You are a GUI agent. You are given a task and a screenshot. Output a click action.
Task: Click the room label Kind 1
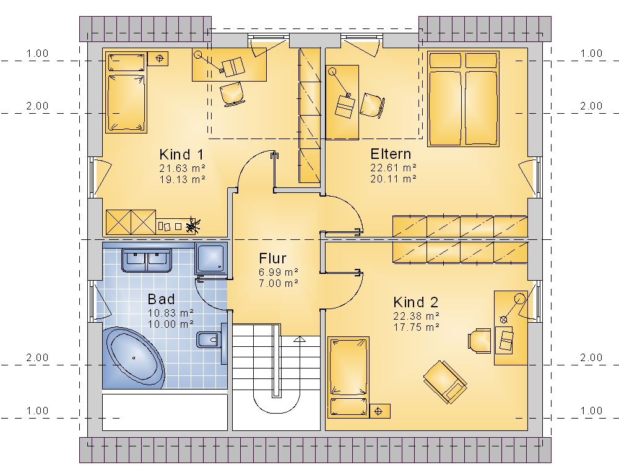click(181, 154)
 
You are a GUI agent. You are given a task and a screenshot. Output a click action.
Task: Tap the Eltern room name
click(391, 154)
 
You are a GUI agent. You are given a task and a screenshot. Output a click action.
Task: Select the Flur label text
click(272, 258)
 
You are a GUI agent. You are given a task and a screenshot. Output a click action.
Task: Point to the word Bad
click(161, 299)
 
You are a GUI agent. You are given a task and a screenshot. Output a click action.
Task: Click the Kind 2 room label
click(416, 302)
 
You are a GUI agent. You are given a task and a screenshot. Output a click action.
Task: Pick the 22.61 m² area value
click(393, 168)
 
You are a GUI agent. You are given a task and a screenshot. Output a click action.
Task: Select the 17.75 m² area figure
click(417, 327)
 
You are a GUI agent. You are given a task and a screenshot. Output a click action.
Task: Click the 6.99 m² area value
click(279, 272)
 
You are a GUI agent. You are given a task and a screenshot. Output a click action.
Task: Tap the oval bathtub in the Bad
click(134, 358)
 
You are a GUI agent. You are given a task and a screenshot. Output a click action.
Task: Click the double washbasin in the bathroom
click(147, 260)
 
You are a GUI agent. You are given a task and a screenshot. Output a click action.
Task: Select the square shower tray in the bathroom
click(211, 258)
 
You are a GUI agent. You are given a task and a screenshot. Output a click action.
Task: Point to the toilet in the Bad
click(210, 339)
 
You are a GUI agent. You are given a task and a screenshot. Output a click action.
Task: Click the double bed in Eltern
click(463, 99)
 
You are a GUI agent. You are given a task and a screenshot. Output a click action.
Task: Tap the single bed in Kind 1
click(126, 93)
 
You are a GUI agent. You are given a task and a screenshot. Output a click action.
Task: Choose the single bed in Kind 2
click(348, 377)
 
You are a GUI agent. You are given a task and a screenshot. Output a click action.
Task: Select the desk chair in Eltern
click(372, 105)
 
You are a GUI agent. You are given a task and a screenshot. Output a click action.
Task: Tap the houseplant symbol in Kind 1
click(193, 226)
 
